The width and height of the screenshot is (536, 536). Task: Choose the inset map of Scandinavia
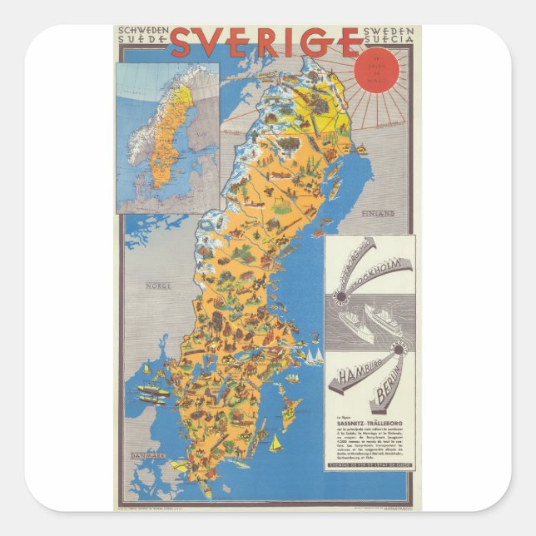[167, 137]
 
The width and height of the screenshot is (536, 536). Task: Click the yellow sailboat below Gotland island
[275, 441]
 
